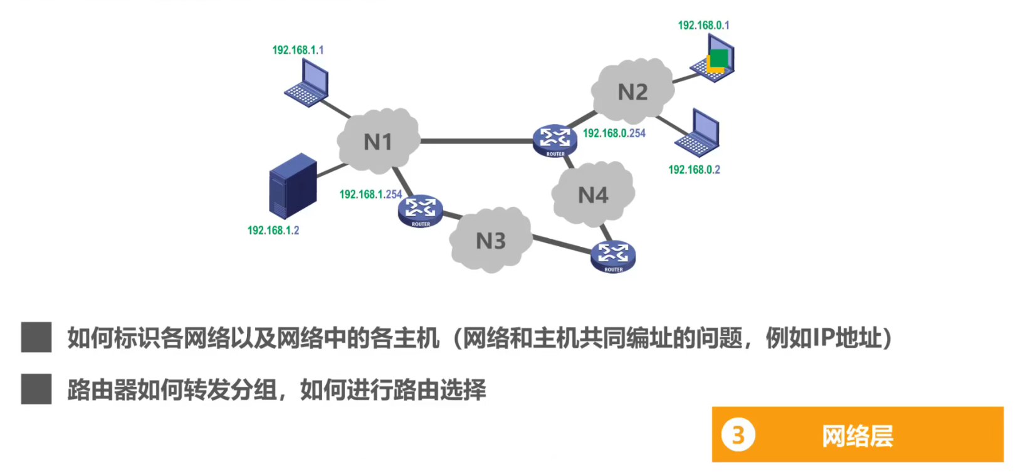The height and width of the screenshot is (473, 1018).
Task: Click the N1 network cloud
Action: [x=378, y=142]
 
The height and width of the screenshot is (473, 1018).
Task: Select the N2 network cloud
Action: [x=632, y=92]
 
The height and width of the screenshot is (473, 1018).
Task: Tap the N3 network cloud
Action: [x=490, y=241]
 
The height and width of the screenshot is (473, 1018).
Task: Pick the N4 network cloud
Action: [x=593, y=195]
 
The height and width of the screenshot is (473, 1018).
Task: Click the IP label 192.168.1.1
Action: [x=298, y=50]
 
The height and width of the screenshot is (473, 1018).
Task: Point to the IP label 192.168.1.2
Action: [x=273, y=231]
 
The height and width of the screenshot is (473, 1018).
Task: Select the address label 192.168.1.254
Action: [x=370, y=194]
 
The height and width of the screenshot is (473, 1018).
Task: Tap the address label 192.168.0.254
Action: [x=614, y=133]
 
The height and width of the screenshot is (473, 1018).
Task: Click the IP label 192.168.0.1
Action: [x=703, y=25]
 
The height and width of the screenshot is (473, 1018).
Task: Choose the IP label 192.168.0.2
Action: [x=694, y=170]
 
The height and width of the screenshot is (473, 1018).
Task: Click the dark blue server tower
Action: [x=292, y=186]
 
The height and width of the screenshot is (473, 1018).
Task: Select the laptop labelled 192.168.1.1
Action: [x=308, y=83]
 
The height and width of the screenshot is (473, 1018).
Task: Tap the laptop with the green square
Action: [x=713, y=59]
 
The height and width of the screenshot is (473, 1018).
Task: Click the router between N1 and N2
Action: [x=555, y=141]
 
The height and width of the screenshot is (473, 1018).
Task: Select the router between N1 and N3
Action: [x=421, y=211]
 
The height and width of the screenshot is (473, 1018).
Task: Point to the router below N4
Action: [x=613, y=256]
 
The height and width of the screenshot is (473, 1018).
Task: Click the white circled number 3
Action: [x=738, y=435]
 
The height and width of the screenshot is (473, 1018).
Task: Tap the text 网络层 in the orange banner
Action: [x=857, y=436]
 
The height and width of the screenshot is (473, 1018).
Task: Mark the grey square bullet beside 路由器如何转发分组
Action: [x=36, y=389]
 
